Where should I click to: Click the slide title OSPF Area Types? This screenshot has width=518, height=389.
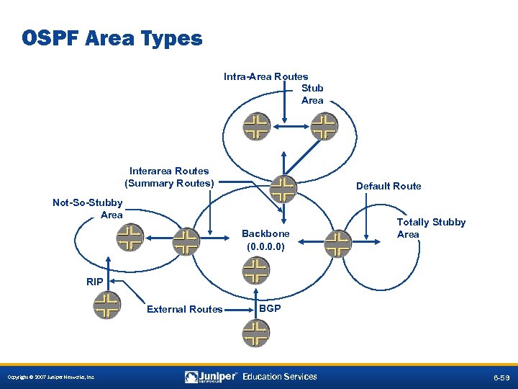(112, 37)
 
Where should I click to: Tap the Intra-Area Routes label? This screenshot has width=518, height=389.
(265, 76)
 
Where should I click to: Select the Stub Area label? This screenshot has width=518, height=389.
(312, 94)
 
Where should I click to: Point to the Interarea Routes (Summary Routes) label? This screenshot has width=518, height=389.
(170, 177)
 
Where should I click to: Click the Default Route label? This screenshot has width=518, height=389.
(388, 186)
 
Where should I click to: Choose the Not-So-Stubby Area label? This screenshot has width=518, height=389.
(88, 209)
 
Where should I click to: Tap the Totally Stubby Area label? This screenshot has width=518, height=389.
(431, 228)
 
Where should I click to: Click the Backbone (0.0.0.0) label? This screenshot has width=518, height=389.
(265, 240)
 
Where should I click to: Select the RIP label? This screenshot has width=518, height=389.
(94, 282)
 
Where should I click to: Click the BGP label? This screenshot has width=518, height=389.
(270, 308)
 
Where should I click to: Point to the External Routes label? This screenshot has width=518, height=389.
(184, 309)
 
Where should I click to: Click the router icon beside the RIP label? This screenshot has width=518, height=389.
(107, 304)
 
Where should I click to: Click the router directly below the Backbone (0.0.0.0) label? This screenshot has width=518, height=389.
(255, 271)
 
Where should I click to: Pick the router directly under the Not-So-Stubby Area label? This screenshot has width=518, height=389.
(129, 237)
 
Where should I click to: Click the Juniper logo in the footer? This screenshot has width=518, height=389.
(212, 377)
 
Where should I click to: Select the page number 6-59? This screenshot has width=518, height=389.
(502, 377)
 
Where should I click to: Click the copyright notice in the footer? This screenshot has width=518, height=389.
(50, 377)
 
